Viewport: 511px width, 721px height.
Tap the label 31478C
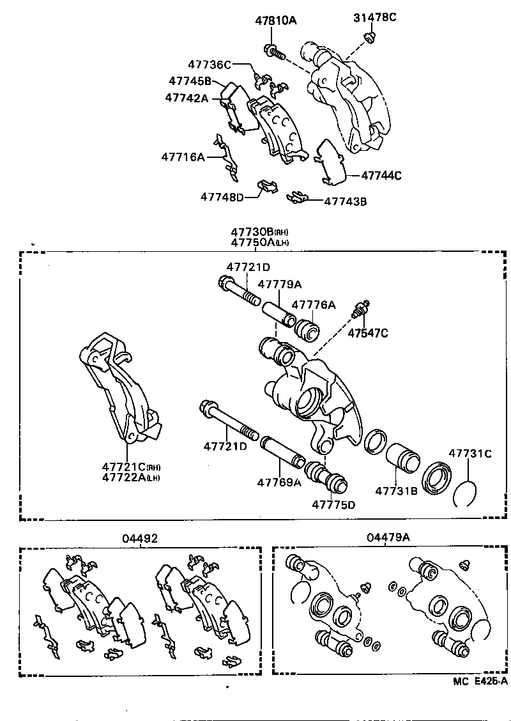pos(374,17)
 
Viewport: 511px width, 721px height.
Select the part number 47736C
pos(210,65)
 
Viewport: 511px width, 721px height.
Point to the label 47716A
pos(183,157)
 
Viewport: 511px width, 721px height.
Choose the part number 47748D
pos(222,197)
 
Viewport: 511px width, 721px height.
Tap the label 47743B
pos(345,201)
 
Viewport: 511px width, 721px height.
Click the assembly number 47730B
pos(252,232)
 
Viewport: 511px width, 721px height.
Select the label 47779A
pos(279,284)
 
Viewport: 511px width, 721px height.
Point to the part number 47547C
pos(368,333)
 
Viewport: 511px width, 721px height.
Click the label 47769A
pos(279,483)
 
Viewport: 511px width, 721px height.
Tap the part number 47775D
pos(333,504)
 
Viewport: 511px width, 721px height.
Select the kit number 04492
pos(140,539)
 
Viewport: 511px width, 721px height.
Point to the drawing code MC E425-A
pos(479,681)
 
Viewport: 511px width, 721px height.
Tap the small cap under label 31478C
pos(369,38)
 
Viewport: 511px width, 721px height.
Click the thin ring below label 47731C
pos(466,493)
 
